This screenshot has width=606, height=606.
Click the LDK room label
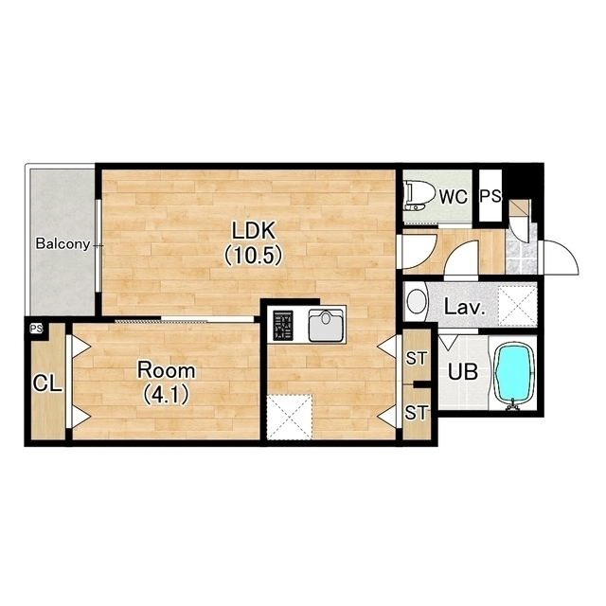[254, 230]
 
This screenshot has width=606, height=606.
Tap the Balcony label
[63, 244]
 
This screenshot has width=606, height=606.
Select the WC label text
[454, 197]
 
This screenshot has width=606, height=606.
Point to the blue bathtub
[514, 374]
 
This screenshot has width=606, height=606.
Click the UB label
[463, 372]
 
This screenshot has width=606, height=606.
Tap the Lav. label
[464, 307]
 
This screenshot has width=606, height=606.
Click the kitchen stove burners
[283, 326]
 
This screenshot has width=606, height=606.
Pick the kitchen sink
[326, 326]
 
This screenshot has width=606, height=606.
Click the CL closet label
[47, 383]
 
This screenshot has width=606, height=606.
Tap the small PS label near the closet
[37, 329]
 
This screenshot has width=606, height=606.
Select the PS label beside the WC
[490, 196]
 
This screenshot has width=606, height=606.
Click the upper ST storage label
[417, 359]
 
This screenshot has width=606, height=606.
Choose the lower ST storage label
[417, 413]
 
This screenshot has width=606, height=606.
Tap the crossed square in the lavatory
[517, 305]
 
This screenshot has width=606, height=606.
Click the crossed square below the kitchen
[290, 417]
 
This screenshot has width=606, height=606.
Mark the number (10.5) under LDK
[254, 256]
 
